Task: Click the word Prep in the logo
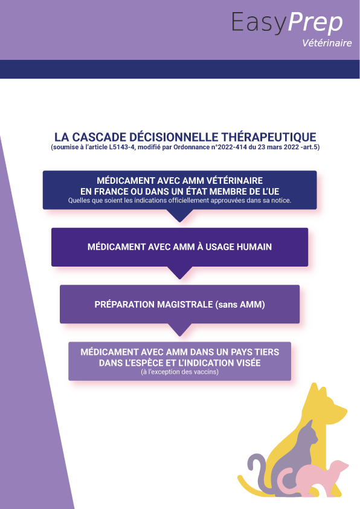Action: point(315,23)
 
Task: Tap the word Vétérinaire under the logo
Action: point(327,43)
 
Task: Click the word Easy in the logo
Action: point(259,23)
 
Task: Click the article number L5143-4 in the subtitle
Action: point(121,147)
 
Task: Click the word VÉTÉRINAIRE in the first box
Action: point(234,181)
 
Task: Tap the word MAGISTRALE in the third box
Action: point(184,305)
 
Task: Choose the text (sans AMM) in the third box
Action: point(239,305)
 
